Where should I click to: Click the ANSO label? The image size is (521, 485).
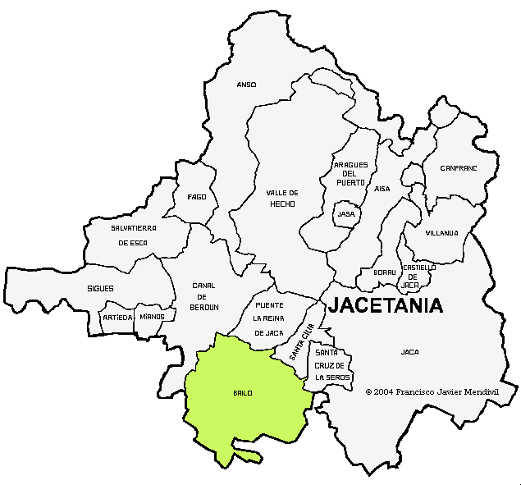tap(246, 85)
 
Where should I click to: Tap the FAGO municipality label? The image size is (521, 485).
tap(197, 197)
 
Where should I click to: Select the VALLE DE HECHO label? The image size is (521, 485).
tap(281, 198)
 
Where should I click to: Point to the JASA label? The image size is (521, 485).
tap(346, 214)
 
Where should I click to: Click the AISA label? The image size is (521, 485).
tap(382, 189)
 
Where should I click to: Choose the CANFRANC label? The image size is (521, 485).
tap(458, 167)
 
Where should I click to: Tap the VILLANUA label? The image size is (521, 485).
tap(441, 233)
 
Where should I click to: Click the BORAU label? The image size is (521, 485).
tap(385, 272)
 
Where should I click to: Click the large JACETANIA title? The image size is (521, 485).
tap(386, 306)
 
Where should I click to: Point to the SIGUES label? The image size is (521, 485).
tap(100, 289)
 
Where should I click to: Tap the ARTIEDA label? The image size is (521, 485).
tap(117, 317)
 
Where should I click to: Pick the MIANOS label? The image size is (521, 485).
tap(152, 317)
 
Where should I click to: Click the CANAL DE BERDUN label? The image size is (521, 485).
tap(205, 296)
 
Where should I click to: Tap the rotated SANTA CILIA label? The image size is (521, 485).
tap(301, 343)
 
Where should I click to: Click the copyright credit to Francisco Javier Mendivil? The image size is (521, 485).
tap(432, 392)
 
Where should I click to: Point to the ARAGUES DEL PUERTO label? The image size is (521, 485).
tap(350, 173)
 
